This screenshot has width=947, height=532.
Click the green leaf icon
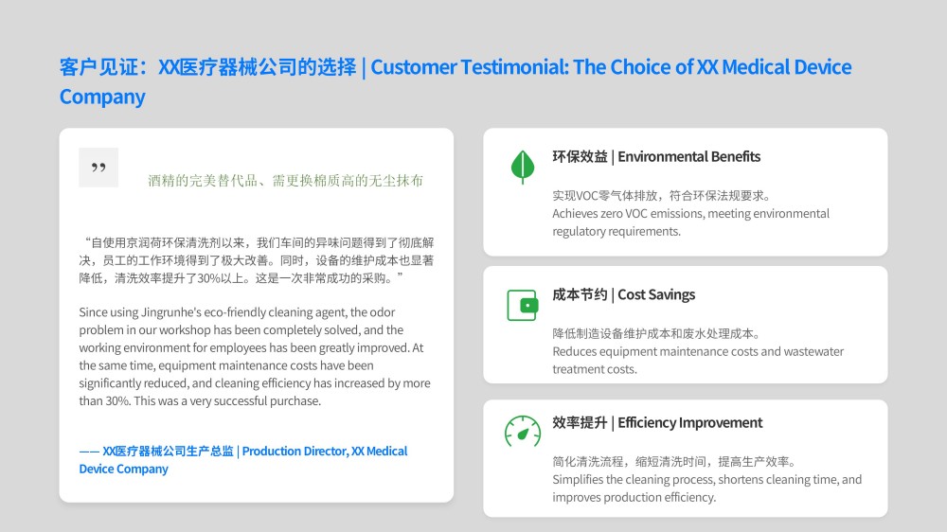tap(523, 166)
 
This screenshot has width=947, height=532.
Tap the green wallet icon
tap(523, 306)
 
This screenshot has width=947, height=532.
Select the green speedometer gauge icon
tap(523, 431)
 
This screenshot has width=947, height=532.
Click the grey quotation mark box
tap(98, 168)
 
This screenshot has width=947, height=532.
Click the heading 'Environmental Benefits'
tap(689, 157)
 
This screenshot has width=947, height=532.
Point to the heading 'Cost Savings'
tap(656, 294)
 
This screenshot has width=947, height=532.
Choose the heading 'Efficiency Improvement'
tap(690, 423)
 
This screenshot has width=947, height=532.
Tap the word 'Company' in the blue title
tap(102, 97)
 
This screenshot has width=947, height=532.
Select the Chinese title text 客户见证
tap(99, 67)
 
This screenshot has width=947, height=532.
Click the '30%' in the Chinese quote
tap(209, 278)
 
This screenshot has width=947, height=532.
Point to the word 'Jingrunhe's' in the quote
tap(171, 312)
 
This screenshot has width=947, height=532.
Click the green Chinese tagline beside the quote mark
tap(286, 181)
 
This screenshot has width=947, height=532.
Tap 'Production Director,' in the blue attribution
tap(295, 452)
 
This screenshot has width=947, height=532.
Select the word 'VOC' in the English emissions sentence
tap(636, 214)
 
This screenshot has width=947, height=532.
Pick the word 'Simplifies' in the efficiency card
tap(578, 480)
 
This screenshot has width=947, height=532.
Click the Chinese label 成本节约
tap(580, 294)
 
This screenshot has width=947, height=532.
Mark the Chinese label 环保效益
tap(580, 157)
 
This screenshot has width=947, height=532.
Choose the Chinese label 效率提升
tap(580, 423)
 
